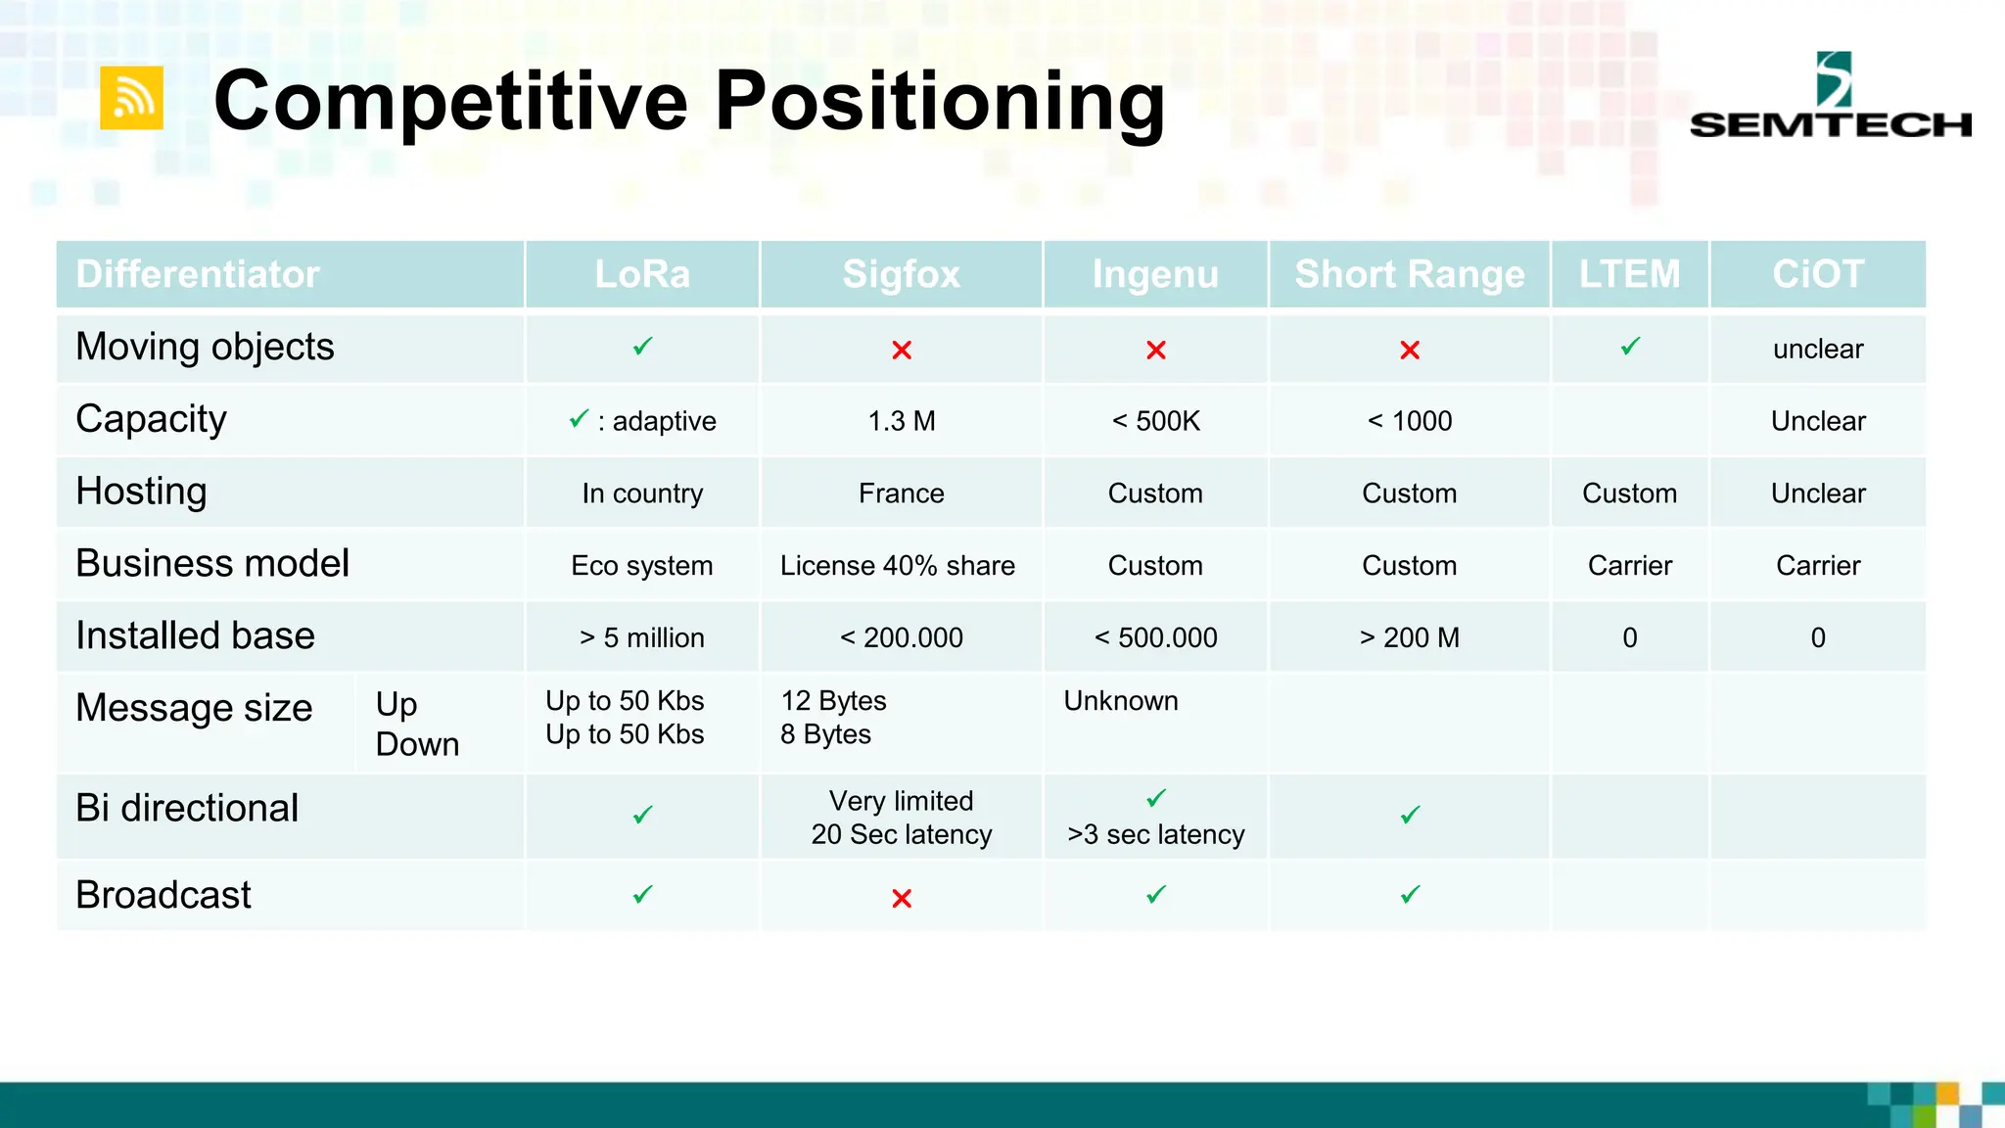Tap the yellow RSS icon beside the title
pos(132,98)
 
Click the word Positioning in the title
pos(940,101)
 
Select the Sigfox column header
pos(901,274)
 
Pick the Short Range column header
pos(1409,274)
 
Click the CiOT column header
pos(1817,274)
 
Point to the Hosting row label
pos(142,492)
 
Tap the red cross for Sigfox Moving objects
pos(902,350)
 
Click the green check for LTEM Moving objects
pos(1630,347)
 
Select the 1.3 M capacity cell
pos(901,421)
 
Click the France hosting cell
pos(901,493)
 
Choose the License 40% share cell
pos(897,566)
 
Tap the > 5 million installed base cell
pos(641,638)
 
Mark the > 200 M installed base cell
pos(1409,638)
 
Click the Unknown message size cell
pos(1121,701)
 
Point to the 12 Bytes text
pos(833,701)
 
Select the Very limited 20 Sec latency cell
pos(901,818)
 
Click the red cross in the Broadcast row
pos(902,898)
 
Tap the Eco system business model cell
pos(641,566)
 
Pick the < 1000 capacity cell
pos(1409,421)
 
